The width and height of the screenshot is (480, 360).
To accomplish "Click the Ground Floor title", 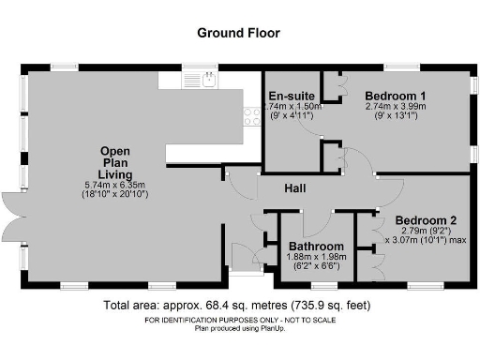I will [239, 32].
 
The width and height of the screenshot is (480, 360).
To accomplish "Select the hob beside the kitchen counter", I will [251, 115].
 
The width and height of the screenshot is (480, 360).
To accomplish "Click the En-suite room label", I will [291, 97].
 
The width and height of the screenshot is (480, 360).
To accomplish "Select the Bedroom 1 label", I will [396, 97].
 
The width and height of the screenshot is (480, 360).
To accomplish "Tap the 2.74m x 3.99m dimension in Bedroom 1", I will [396, 108].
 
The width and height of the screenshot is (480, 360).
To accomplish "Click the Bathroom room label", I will [315, 246].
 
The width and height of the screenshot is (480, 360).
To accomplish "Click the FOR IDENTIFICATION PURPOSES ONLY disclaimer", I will [239, 321].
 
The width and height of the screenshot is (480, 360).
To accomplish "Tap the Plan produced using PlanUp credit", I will [239, 328].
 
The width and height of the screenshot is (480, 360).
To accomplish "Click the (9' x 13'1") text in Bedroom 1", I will [396, 118].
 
